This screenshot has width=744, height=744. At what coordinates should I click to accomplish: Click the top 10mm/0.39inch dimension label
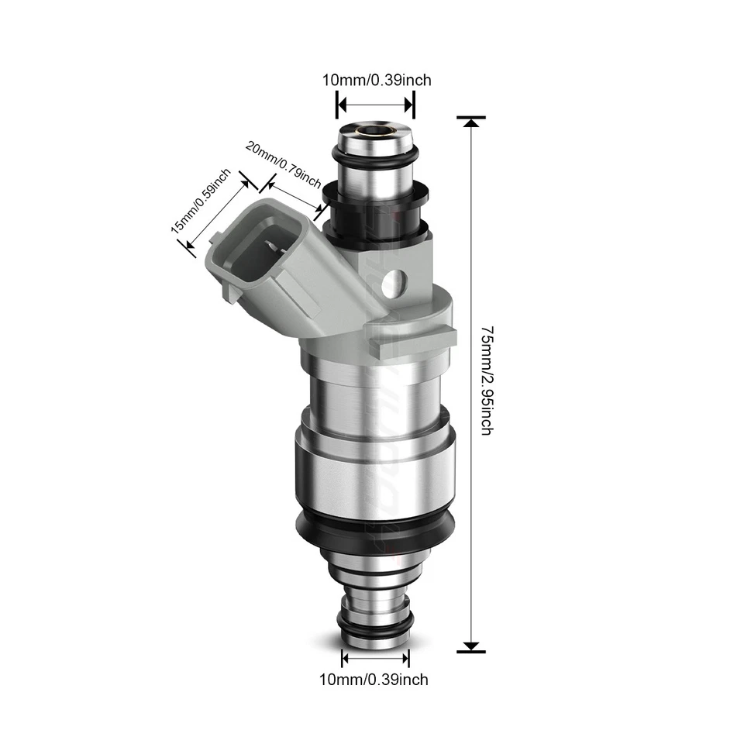[x=377, y=80]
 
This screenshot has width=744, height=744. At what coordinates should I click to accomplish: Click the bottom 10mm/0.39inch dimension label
[x=374, y=680]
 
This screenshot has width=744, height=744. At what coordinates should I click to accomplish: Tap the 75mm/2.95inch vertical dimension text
[x=486, y=380]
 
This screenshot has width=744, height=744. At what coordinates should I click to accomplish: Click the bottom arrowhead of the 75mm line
[x=471, y=645]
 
